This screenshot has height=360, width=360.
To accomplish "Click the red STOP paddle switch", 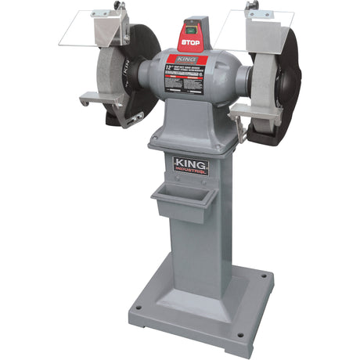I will click(x=189, y=40).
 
